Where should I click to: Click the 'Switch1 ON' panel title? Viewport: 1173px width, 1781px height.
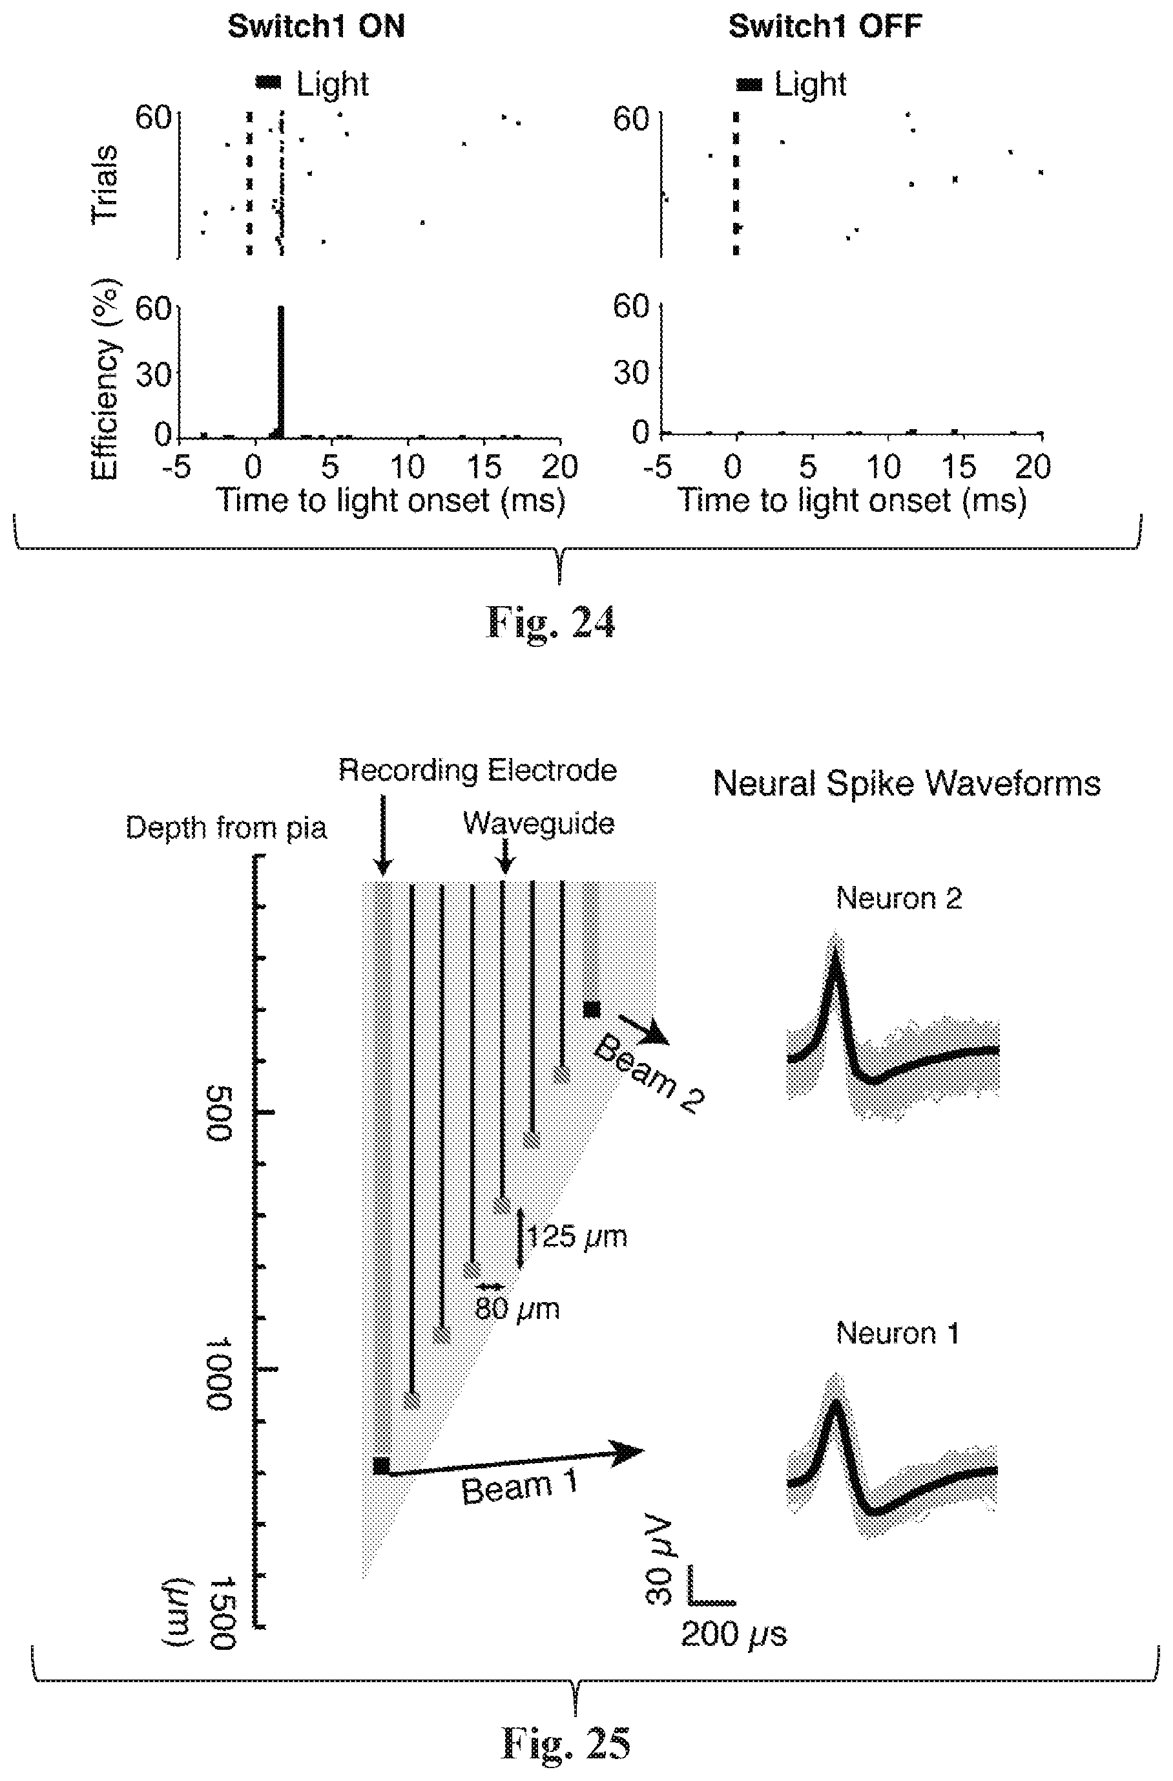[x=316, y=27]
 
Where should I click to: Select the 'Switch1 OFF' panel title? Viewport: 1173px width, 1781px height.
[x=825, y=27]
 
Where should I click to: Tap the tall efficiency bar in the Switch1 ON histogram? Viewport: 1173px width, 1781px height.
[x=281, y=371]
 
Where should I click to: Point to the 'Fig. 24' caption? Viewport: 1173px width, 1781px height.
[x=550, y=622]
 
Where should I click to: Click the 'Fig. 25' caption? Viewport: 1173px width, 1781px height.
[x=566, y=1743]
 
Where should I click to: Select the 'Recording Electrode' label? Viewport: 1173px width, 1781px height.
[x=477, y=770]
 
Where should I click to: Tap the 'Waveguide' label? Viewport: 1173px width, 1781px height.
[x=539, y=823]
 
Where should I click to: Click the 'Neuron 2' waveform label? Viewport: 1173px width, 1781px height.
[x=898, y=898]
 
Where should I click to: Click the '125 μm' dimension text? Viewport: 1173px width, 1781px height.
[x=577, y=1236]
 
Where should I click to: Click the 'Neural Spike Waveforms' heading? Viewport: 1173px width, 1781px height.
[x=907, y=783]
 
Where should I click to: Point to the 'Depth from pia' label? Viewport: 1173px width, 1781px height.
[x=226, y=828]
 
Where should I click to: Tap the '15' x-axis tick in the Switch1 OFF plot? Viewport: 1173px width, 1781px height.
[x=959, y=467]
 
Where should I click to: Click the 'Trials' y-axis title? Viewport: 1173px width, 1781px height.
[x=104, y=184]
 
